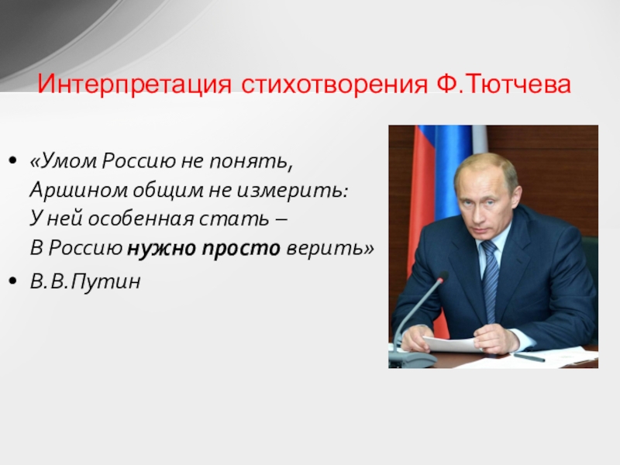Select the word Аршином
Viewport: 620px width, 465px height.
click(79, 191)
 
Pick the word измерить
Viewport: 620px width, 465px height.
click(292, 191)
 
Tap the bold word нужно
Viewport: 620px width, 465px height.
click(161, 249)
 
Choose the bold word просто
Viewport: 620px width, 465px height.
click(241, 249)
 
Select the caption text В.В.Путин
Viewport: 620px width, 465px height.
click(85, 281)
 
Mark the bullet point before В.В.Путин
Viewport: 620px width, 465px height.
click(13, 281)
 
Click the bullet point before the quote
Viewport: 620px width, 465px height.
click(13, 160)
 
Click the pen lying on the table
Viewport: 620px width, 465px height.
click(529, 357)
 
